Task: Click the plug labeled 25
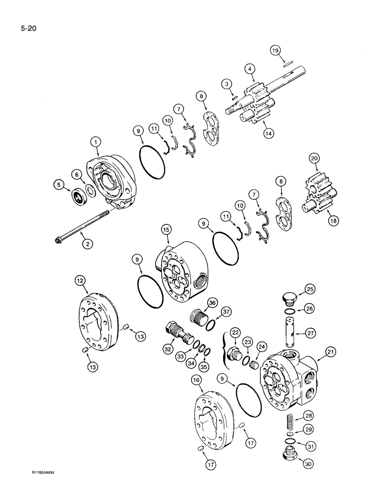point(292,299)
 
